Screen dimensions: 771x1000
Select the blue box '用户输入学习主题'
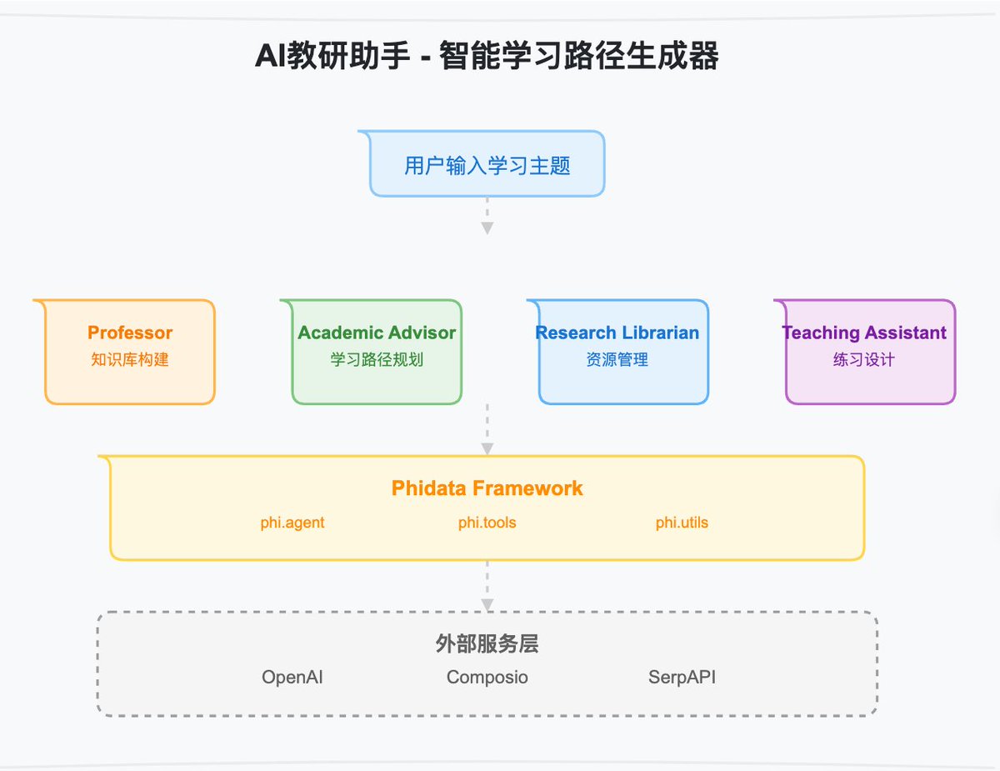coord(487,165)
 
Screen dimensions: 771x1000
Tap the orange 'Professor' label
coord(130,333)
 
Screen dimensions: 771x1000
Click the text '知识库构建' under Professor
coord(130,360)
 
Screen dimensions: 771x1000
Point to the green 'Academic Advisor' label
coord(377,333)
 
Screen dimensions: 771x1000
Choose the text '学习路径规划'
coord(377,360)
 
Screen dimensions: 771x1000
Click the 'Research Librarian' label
coord(617,333)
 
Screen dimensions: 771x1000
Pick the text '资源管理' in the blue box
coord(617,360)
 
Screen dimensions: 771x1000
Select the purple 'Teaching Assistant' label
coord(864,333)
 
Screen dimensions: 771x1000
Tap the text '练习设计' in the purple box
coord(864,360)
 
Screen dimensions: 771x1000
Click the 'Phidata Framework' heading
coord(487,488)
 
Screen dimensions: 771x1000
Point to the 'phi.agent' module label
coord(292,523)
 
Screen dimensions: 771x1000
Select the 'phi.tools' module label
coord(487,523)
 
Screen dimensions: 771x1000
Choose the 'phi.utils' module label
coord(682,523)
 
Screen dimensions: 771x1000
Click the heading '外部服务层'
coord(487,644)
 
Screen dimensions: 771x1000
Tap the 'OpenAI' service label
coord(292,677)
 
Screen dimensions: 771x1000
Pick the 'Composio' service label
coord(487,677)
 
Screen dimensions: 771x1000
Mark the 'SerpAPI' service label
coord(682,677)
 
